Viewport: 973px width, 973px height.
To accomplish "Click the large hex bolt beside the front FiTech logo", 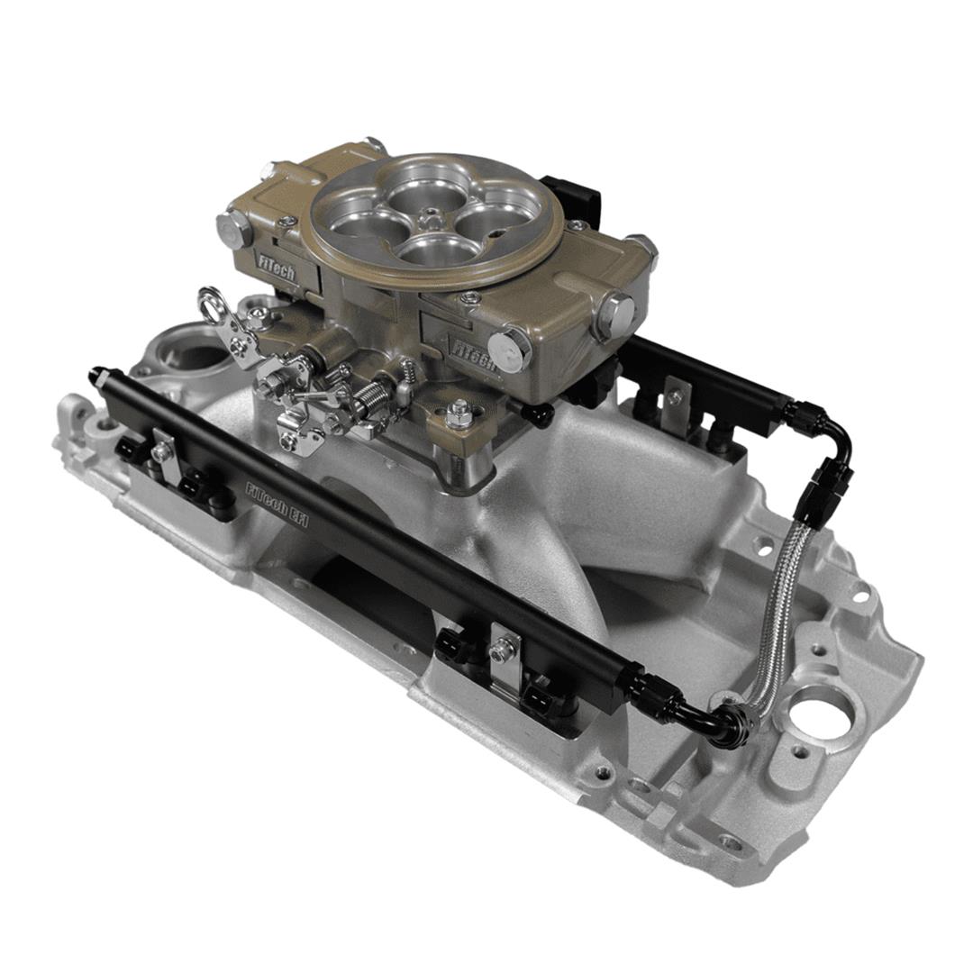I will pos(510,349).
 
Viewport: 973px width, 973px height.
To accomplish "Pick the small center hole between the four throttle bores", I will pos(433,219).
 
